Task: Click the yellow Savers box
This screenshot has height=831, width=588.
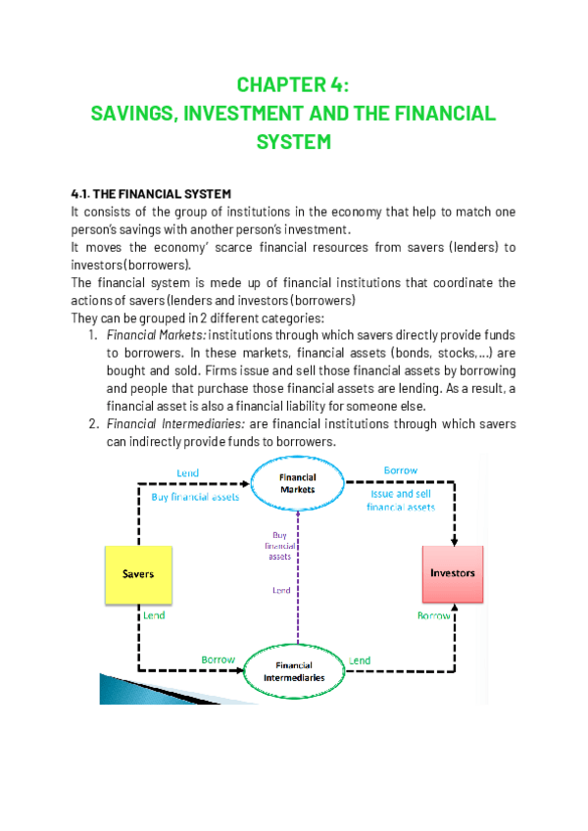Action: click(137, 574)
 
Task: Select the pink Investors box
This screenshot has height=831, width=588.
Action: click(453, 573)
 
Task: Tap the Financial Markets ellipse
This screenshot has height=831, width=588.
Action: click(298, 482)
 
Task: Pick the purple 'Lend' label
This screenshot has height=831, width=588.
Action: click(280, 591)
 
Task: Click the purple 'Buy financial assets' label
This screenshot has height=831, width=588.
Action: click(279, 545)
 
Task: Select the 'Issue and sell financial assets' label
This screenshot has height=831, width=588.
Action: click(401, 501)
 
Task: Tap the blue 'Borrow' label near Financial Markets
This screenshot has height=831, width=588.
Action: click(400, 470)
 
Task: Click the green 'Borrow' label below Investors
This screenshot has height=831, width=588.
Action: click(434, 615)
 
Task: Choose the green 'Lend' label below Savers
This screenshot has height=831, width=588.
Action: click(154, 616)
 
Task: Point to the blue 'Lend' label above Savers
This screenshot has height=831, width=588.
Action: click(187, 473)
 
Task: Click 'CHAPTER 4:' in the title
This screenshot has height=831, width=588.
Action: click(293, 83)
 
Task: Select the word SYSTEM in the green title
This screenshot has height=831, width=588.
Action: click(293, 141)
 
